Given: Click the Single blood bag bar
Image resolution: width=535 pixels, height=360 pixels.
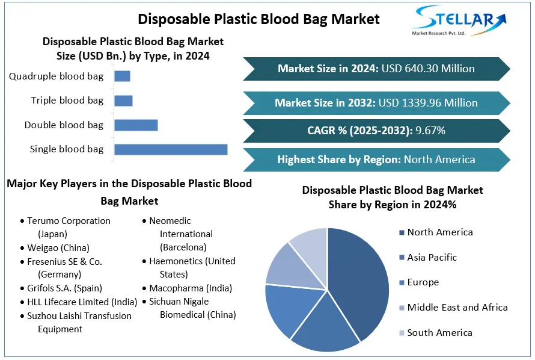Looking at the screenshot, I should pyautogui.click(x=171, y=149).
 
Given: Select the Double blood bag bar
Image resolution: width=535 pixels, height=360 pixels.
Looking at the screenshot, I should pyautogui.click(x=136, y=125).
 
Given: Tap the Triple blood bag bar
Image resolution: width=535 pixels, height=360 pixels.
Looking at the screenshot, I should pyautogui.click(x=123, y=101).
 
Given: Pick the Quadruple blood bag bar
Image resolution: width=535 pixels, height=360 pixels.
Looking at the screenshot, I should pyautogui.click(x=122, y=76).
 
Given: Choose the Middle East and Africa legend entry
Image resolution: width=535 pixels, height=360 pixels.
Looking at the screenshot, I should pyautogui.click(x=457, y=308).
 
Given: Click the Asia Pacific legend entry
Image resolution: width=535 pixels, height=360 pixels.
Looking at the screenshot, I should pyautogui.click(x=432, y=258).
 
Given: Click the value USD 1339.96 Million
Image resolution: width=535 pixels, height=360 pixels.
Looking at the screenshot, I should pyautogui.click(x=428, y=103).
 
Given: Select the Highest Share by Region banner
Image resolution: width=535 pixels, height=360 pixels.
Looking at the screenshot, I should pyautogui.click(x=376, y=160).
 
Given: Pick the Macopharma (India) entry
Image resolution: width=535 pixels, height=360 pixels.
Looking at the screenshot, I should pyautogui.click(x=191, y=288).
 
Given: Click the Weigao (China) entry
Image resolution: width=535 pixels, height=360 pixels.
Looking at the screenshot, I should pyautogui.click(x=58, y=247).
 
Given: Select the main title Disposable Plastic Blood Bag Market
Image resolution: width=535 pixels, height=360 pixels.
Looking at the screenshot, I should pyautogui.click(x=258, y=19).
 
